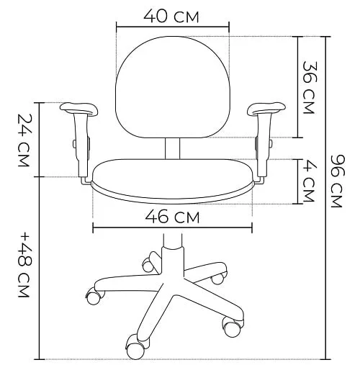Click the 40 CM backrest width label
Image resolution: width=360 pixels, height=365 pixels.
point(171,17)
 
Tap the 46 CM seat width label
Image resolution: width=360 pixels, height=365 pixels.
point(172,217)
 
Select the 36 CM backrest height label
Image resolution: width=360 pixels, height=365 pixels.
point(309,87)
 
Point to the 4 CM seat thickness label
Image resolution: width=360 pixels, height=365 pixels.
point(309,182)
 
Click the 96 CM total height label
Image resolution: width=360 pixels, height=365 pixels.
point(337,181)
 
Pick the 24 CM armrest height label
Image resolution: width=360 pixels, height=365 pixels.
point(24,140)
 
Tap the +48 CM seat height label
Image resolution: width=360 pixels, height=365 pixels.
point(24,265)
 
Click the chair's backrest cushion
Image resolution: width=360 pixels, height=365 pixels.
point(173,87)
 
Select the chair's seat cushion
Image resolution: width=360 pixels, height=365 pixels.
point(172,181)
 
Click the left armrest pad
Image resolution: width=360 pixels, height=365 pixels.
point(78,109)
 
